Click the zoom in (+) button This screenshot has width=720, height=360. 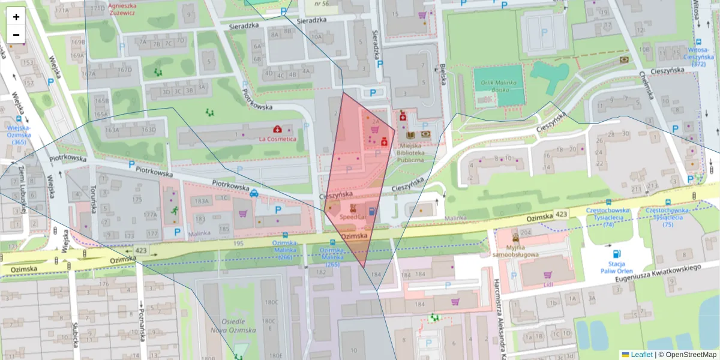[x=16, y=17]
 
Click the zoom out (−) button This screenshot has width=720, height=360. [x=16, y=34]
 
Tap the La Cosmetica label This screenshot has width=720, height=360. [x=277, y=139]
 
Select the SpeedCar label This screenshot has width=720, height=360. [x=352, y=216]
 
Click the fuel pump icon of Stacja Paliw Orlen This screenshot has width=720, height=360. [x=617, y=253]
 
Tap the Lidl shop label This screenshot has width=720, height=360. [x=548, y=284]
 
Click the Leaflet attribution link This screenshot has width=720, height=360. [x=641, y=355]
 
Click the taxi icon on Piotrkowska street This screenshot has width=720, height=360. [x=254, y=193]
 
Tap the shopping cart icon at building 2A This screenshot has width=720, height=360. [x=375, y=128]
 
